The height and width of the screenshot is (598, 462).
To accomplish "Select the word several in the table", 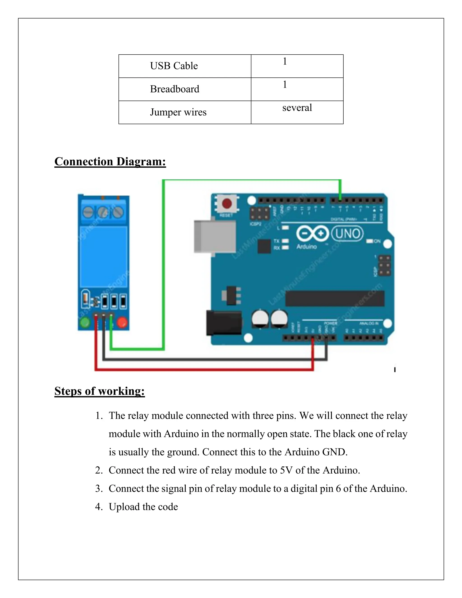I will [x=297, y=108].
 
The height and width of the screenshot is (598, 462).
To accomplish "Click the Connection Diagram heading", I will [x=110, y=162].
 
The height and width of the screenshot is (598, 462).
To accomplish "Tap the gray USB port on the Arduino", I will [x=215, y=236].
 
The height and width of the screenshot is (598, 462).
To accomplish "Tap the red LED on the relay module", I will [x=122, y=322].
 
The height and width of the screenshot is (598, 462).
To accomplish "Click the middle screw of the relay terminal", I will [x=103, y=212].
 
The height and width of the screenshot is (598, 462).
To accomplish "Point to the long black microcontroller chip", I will [x=335, y=299].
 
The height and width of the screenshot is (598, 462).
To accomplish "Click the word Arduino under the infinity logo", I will [x=306, y=247].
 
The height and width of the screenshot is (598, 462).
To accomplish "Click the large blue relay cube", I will [x=104, y=256].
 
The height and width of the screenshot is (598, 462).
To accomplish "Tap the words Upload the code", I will [x=143, y=507].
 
